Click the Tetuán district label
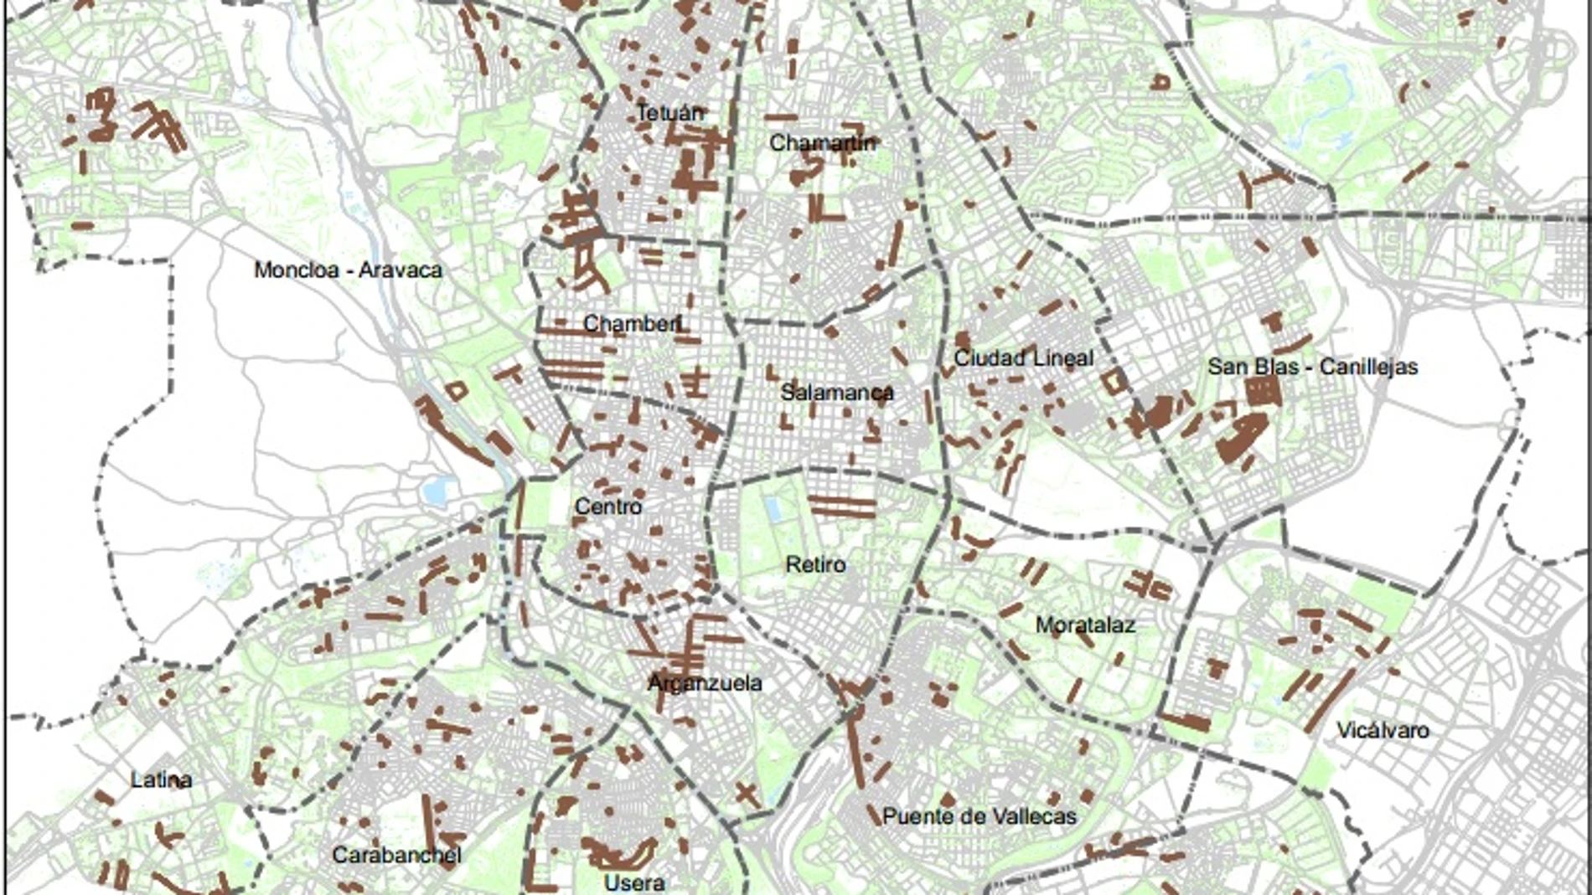pyautogui.click(x=670, y=112)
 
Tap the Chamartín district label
pyautogui.click(x=822, y=143)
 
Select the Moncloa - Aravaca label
pyautogui.click(x=348, y=270)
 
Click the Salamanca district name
pyautogui.click(x=836, y=392)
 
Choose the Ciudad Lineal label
pyautogui.click(x=1024, y=358)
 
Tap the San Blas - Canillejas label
pyautogui.click(x=1312, y=367)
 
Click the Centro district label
pyautogui.click(x=608, y=507)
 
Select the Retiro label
pyautogui.click(x=815, y=565)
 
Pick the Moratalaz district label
pyautogui.click(x=1085, y=625)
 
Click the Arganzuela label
pyautogui.click(x=705, y=683)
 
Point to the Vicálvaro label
pyautogui.click(x=1383, y=730)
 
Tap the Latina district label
pyautogui.click(x=162, y=780)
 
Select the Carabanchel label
pyautogui.click(x=396, y=856)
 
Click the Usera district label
pyautogui.click(x=634, y=882)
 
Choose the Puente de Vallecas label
pyautogui.click(x=979, y=816)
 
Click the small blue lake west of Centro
pyautogui.click(x=437, y=491)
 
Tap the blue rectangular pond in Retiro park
pyautogui.click(x=773, y=509)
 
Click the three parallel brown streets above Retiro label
pyautogui.click(x=842, y=507)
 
